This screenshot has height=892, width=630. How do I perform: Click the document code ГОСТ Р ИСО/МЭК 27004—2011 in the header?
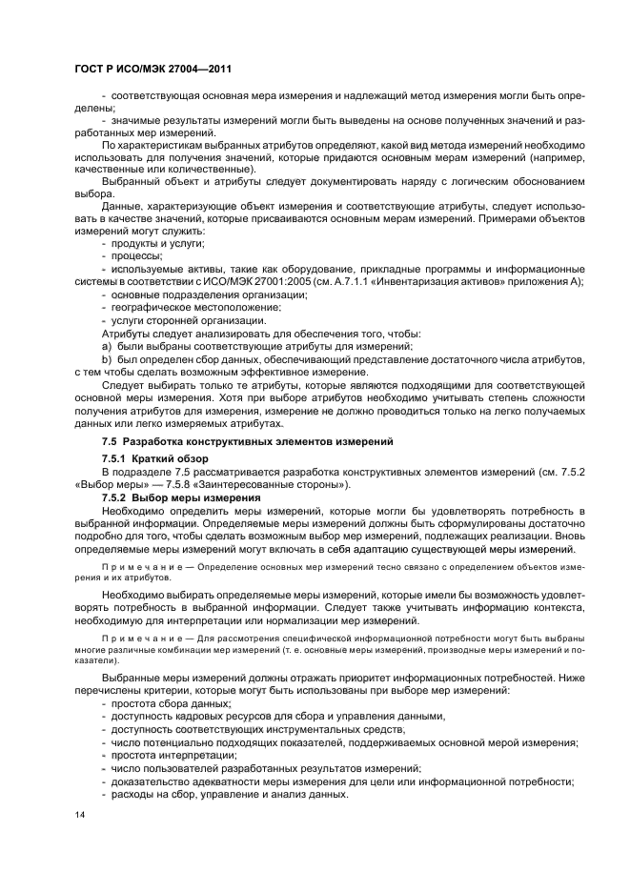coord(152,69)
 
